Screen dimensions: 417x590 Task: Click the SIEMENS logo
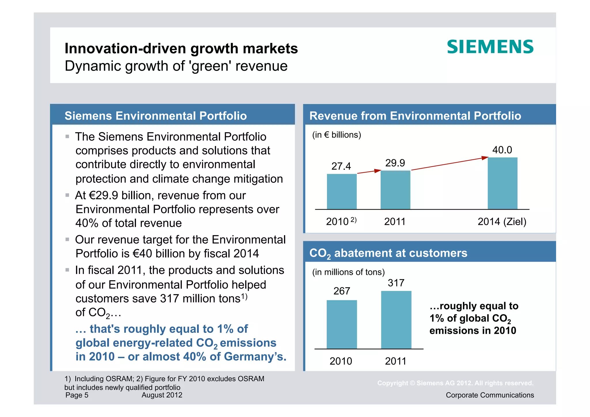pyautogui.click(x=490, y=47)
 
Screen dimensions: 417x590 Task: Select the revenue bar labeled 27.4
pyautogui.click(x=342, y=192)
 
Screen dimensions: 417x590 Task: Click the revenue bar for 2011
pyautogui.click(x=395, y=190)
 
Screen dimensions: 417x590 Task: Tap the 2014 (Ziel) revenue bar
pyautogui.click(x=502, y=183)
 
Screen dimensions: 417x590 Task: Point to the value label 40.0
pyautogui.click(x=502, y=150)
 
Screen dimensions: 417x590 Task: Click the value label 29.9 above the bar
pyautogui.click(x=395, y=163)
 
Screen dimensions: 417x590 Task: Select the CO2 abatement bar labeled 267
pyautogui.click(x=342, y=324)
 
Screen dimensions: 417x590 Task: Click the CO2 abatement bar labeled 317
pyautogui.click(x=396, y=320)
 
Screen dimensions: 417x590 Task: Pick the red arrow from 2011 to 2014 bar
pyautogui.click(x=449, y=164)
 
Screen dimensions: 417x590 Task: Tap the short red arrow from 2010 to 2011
pyautogui.click(x=369, y=172)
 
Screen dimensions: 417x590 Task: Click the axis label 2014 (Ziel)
pyautogui.click(x=502, y=222)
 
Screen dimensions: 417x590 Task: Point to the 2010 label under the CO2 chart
pyautogui.click(x=341, y=361)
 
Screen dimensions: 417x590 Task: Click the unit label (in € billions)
pyautogui.click(x=336, y=135)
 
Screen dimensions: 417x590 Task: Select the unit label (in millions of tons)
pyautogui.click(x=348, y=272)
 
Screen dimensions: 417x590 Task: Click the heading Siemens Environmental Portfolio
pyautogui.click(x=156, y=116)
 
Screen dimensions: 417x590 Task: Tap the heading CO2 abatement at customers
pyautogui.click(x=388, y=253)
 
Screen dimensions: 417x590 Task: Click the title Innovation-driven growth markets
pyautogui.click(x=181, y=48)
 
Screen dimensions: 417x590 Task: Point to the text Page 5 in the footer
pyautogui.click(x=77, y=395)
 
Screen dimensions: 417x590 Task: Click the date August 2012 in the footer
pyautogui.click(x=162, y=395)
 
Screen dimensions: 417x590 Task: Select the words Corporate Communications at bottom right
pyautogui.click(x=490, y=395)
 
